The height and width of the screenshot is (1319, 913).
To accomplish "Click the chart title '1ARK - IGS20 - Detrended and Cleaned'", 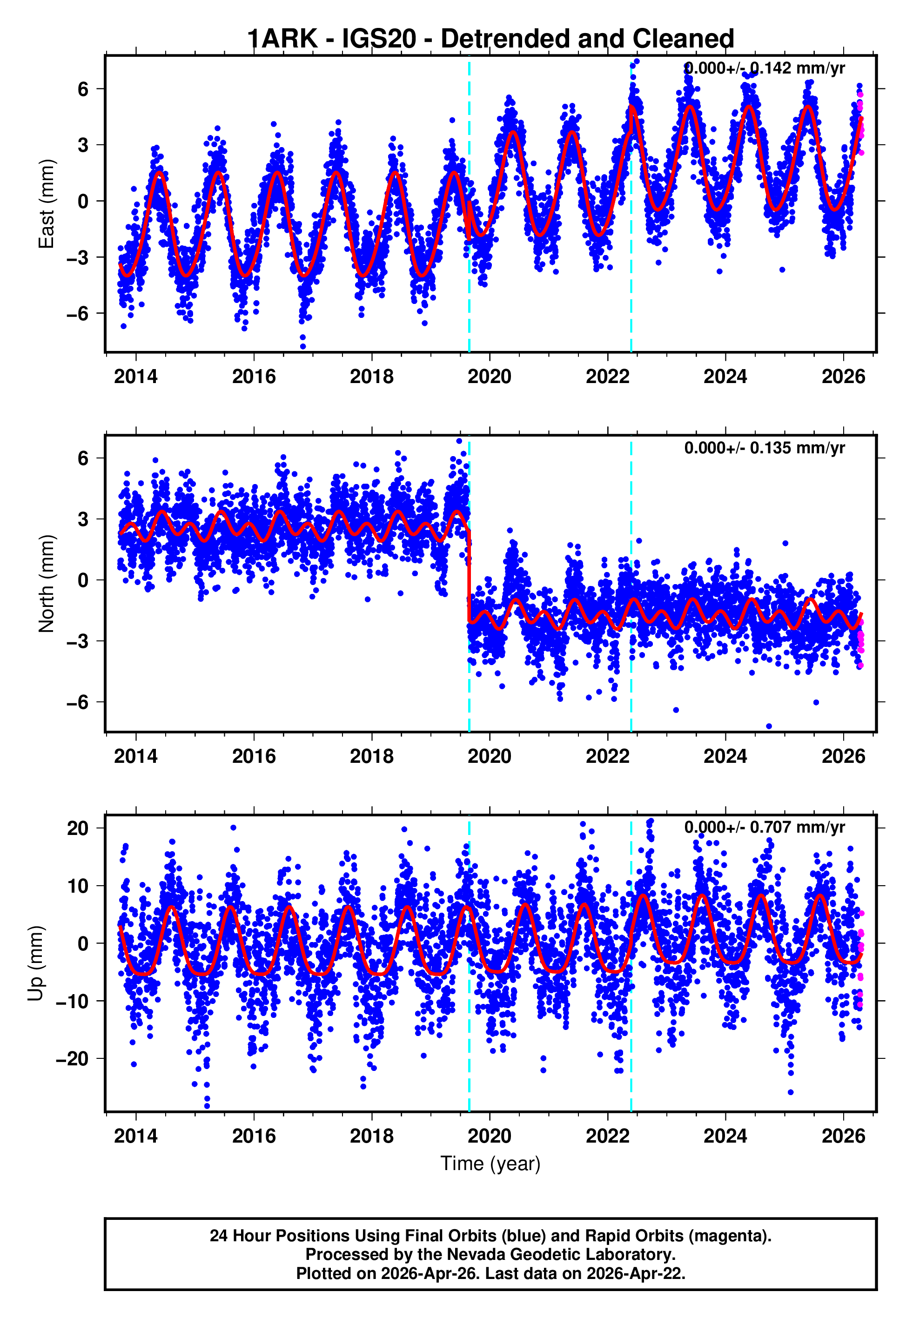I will (x=490, y=39).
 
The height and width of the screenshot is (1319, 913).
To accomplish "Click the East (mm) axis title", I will (x=47, y=204).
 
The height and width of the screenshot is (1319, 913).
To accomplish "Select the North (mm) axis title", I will (x=47, y=584).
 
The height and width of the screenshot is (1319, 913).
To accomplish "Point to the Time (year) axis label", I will (x=490, y=1164).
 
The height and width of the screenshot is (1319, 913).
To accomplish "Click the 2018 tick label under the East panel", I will (x=372, y=377).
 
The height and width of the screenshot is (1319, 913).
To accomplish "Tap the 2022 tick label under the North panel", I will (x=608, y=756).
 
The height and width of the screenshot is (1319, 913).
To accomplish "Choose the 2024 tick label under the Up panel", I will (x=725, y=1136).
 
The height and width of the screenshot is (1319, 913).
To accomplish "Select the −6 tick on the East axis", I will (x=78, y=313).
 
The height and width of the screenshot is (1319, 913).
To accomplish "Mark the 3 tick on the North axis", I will (x=83, y=519).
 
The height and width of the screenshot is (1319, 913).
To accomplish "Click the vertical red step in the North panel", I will (x=469, y=578).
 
